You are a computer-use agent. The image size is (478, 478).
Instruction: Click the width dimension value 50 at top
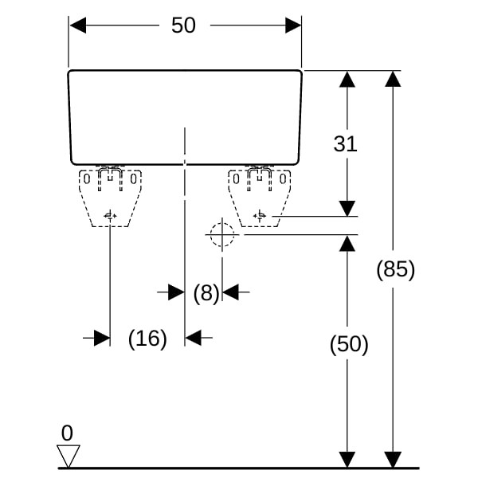(183, 25)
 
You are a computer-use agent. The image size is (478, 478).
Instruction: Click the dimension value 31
(345, 144)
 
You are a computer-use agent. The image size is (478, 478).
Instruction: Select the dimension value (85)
(396, 270)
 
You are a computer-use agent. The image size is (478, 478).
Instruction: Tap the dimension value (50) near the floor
(349, 345)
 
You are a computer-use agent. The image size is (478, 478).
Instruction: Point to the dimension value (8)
(206, 293)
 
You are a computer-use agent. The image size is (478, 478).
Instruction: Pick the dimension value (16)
(147, 339)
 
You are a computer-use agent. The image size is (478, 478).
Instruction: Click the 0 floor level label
(67, 433)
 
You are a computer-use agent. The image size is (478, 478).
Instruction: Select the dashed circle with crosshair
(221, 235)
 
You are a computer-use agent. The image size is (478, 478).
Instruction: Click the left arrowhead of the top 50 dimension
(77, 25)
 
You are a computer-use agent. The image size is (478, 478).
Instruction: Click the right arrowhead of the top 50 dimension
(293, 25)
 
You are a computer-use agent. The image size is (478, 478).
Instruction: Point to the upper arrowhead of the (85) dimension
(393, 79)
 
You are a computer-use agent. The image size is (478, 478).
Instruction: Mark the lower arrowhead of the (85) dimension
(393, 460)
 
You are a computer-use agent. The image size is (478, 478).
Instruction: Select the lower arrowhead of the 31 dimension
(347, 209)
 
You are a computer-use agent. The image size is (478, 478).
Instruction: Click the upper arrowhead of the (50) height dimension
(347, 243)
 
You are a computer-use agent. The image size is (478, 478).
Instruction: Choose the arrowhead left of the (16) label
(102, 339)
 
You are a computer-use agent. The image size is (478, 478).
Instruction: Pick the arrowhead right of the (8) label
(231, 293)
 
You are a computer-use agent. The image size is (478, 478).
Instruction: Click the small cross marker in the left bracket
(110, 215)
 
